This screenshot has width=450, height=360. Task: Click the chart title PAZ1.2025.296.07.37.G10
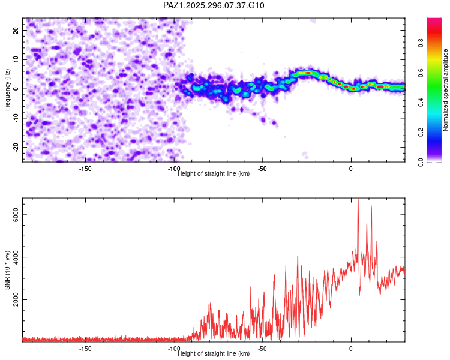[214, 5]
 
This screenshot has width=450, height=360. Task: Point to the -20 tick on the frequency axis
[16, 147]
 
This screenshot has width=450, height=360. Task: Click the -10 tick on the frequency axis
[16, 118]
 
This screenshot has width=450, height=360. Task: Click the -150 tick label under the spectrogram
[85, 168]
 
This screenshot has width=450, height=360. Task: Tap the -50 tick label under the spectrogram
[262, 168]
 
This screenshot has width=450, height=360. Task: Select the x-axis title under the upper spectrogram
[214, 173]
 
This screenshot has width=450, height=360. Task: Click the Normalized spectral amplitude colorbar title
[446, 90]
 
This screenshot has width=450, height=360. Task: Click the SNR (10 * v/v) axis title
[8, 270]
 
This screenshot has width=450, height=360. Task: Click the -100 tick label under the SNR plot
[173, 348]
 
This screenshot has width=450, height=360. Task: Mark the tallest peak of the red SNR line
[358, 199]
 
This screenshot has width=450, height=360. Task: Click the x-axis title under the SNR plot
[214, 353]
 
